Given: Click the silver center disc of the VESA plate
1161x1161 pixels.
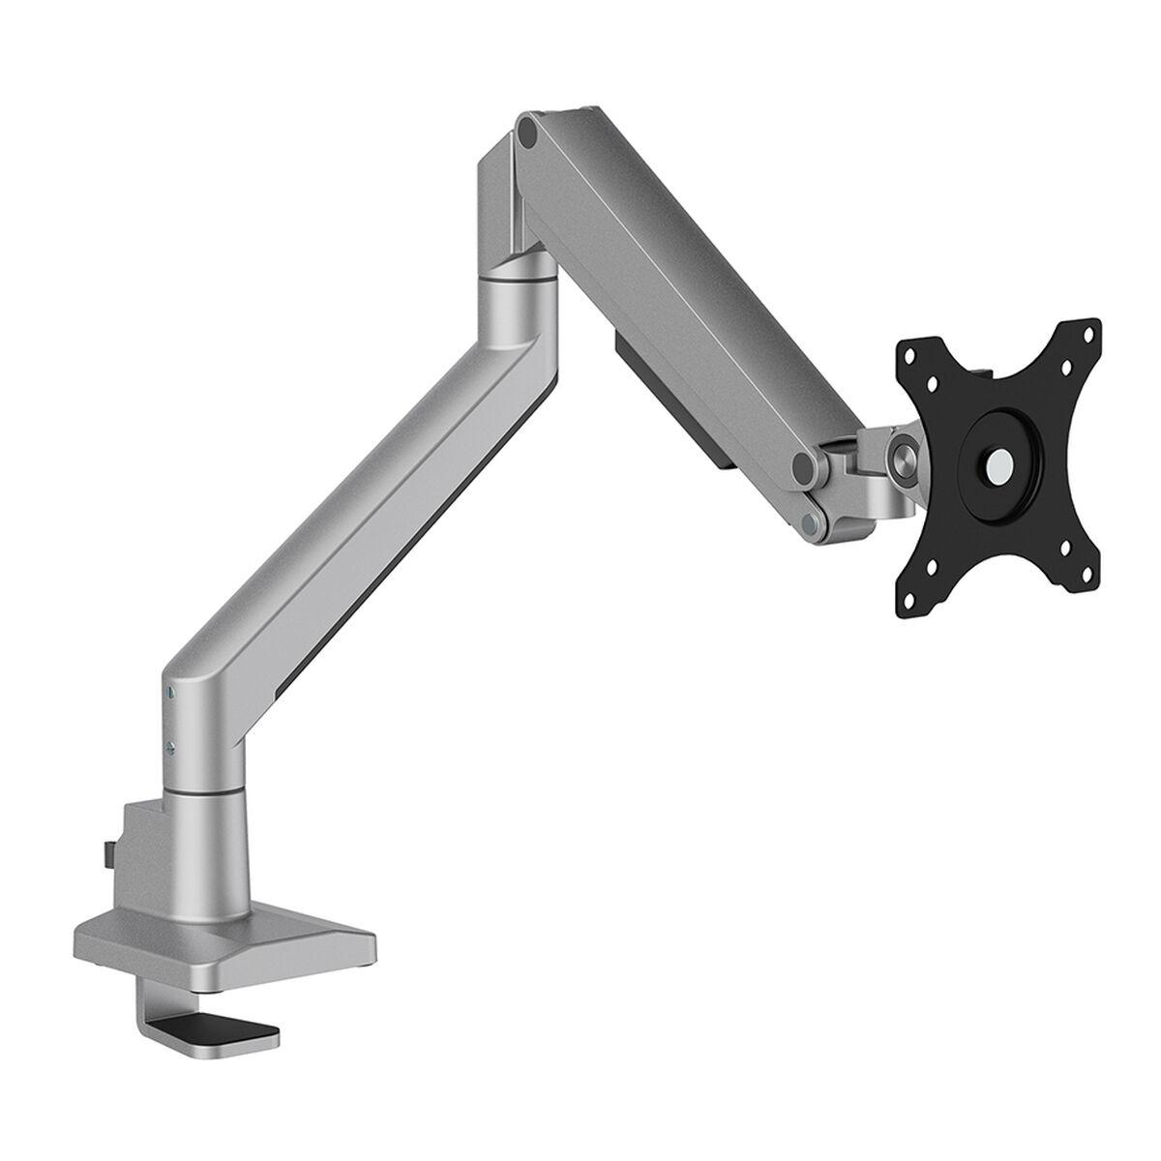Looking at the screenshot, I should point(995,463).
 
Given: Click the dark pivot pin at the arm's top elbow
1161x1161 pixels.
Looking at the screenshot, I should point(527,130).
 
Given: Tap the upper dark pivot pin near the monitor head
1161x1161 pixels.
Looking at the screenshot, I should point(802,466).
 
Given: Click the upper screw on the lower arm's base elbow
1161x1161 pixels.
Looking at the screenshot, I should point(170,693).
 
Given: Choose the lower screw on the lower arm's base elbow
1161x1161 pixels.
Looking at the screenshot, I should point(170,745).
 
